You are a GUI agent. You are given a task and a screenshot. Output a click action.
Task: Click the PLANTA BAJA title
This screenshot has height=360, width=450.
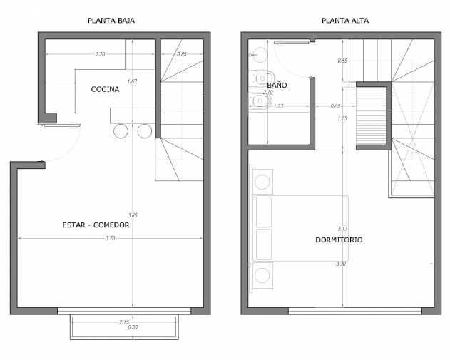[x=111, y=21]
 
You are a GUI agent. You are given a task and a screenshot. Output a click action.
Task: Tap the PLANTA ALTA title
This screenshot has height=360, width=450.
[x=345, y=21]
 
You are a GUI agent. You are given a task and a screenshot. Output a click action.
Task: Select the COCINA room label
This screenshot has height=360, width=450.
[x=105, y=89]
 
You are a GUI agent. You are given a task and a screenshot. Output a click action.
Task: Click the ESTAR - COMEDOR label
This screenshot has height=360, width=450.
[x=96, y=225]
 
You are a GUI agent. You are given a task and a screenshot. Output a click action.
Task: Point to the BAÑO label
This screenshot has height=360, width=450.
[x=277, y=85]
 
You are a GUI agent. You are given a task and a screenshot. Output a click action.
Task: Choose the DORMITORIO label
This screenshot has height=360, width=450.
[x=339, y=240]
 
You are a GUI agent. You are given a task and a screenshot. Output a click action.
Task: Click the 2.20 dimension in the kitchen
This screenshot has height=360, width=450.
[x=100, y=54]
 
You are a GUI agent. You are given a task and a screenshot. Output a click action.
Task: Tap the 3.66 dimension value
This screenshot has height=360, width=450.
[x=133, y=215]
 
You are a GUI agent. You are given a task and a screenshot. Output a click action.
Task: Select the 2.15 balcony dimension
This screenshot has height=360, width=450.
[x=123, y=322]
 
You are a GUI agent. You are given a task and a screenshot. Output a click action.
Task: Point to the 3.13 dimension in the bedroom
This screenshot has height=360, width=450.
[x=342, y=229]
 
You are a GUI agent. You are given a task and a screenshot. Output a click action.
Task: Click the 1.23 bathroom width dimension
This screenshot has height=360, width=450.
[x=278, y=106]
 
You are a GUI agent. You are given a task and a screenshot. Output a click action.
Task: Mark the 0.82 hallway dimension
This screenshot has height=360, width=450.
[x=335, y=106]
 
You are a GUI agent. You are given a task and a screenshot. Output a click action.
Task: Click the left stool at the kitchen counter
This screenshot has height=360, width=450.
[x=121, y=131]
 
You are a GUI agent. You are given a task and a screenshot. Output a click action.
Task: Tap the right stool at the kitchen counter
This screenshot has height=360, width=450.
[x=144, y=131]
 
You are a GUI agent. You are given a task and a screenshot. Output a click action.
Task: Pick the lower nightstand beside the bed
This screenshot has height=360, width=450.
[x=262, y=275]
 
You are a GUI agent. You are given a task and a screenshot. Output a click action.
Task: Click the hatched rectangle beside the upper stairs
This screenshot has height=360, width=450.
[x=372, y=115]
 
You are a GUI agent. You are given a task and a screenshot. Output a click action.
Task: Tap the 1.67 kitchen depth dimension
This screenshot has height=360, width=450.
[x=132, y=81]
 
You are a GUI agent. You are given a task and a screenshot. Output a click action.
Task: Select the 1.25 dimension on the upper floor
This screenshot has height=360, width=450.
[x=342, y=118]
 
